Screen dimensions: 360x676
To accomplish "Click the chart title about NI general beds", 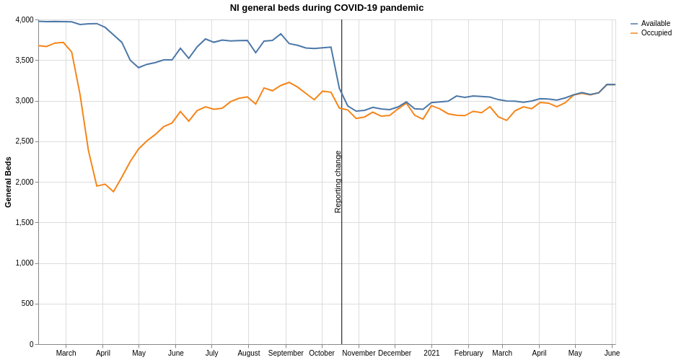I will point(326,8).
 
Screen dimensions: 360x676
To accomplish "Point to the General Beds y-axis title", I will point(8,182).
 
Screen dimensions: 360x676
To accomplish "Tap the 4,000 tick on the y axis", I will point(25,20).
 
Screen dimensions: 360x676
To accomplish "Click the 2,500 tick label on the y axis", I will point(25,141).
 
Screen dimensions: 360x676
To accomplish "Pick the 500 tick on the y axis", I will point(27,304).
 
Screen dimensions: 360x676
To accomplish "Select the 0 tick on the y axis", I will point(31,344).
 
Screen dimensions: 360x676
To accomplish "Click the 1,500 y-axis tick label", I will point(25,223).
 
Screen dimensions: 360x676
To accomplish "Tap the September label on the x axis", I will point(286,354).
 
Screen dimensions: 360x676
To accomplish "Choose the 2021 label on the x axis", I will point(431,354).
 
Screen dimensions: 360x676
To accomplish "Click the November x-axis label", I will point(359,354).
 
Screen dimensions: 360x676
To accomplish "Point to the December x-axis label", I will point(395,354).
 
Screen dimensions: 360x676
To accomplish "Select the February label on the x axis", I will point(468,354).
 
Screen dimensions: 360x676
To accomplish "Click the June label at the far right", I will point(612,354).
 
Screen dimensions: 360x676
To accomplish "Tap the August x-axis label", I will point(249,354).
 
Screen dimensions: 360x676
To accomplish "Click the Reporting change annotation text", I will point(338,182).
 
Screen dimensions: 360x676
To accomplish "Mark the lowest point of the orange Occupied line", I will point(113,192).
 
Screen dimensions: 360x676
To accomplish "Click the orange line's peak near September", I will point(289,82).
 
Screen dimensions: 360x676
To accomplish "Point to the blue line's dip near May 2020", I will point(139,68).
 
